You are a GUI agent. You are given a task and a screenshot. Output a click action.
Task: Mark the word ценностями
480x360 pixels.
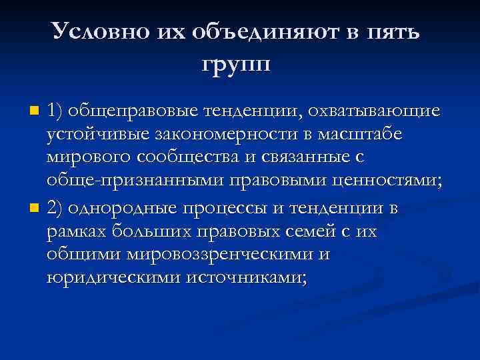pyautogui.click(x=391, y=183)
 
